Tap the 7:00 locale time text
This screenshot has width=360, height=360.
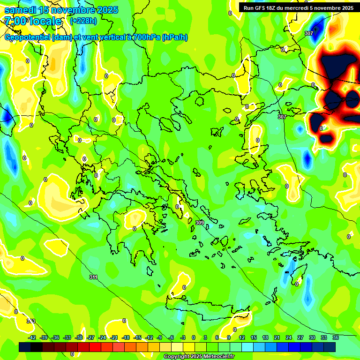click(32, 21)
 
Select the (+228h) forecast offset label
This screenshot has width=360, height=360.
click(83, 21)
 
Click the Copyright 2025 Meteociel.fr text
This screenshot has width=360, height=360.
click(199, 356)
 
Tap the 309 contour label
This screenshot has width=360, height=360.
click(200, 223)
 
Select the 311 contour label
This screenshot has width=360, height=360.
click(94, 277)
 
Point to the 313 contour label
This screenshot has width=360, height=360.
click(30, 321)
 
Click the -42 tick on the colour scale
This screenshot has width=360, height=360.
click(32, 337)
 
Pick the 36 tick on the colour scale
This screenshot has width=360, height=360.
click(336, 337)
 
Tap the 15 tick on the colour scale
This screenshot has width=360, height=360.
click(254, 337)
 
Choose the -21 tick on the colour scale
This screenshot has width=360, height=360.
click(114, 337)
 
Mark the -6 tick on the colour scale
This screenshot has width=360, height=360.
click(172, 337)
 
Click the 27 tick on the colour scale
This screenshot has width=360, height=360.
click(300, 337)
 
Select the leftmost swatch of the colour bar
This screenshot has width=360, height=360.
click(25, 347)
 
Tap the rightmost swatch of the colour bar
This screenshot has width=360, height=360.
click(330, 347)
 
